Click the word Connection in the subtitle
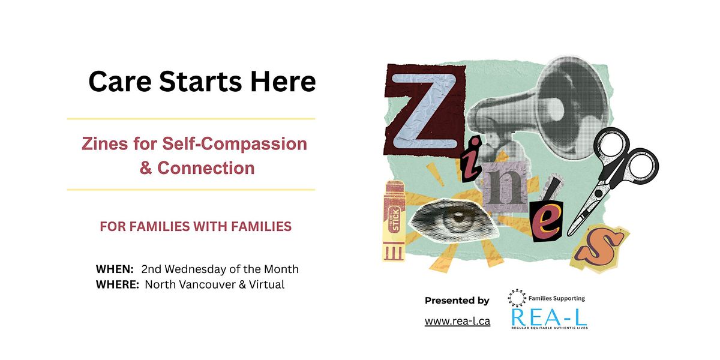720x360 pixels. point(206,168)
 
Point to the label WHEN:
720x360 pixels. point(115,269)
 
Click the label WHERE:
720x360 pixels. point(118,284)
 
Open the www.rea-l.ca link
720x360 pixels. point(457,321)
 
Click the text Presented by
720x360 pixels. point(457,300)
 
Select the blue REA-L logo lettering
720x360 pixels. point(548,316)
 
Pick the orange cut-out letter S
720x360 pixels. point(599,246)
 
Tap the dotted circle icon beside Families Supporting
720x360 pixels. point(516,297)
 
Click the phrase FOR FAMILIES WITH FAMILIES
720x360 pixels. point(196,227)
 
